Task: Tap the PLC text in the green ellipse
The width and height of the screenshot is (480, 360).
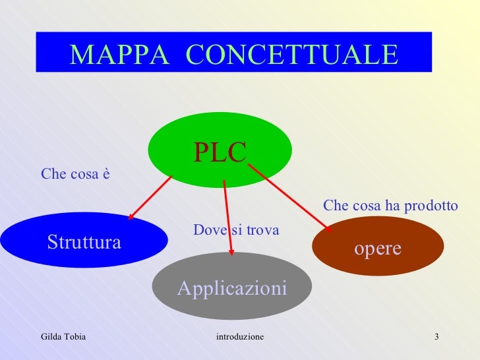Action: point(220,152)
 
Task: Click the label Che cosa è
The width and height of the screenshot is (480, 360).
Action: point(75,174)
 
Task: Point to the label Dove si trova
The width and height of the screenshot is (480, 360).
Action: point(236,230)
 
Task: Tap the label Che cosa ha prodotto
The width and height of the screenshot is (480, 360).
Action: point(390,206)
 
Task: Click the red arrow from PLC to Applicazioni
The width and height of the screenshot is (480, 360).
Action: point(228,218)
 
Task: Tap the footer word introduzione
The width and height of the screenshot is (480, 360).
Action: point(240,337)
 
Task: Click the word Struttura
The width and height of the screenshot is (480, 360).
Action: point(84,243)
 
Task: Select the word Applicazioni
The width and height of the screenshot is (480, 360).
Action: point(231,288)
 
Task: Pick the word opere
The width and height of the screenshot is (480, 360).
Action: point(378,249)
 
